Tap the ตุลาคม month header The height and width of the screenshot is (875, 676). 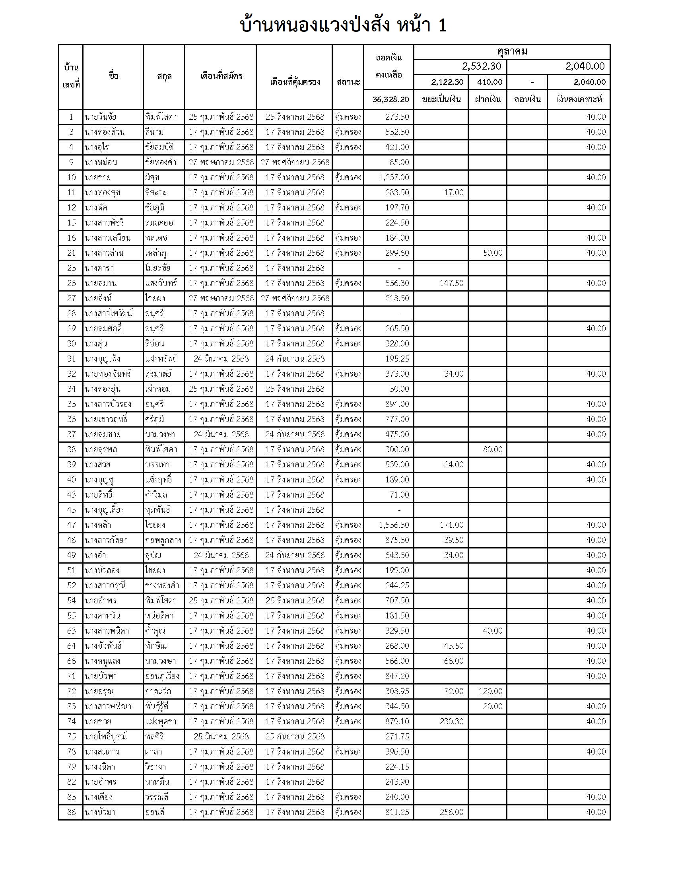(512, 52)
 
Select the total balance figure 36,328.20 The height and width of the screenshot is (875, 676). (390, 99)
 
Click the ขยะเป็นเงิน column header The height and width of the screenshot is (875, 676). (441, 99)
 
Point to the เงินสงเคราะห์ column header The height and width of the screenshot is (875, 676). (579, 99)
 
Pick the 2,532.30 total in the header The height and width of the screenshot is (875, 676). (482, 66)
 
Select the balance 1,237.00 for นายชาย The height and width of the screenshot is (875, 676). (394, 177)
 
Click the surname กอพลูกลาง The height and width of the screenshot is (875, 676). (163, 540)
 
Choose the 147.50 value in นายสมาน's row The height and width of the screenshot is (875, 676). (451, 283)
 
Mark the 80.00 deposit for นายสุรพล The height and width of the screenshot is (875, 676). (492, 449)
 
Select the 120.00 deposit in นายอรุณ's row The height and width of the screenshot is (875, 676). (490, 691)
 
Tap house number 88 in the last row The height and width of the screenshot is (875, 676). (71, 812)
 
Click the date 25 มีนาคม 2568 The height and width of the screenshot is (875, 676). (221, 736)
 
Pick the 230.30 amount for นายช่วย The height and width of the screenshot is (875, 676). (451, 721)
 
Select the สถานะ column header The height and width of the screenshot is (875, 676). (348, 82)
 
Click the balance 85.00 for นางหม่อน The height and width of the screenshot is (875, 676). (399, 162)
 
